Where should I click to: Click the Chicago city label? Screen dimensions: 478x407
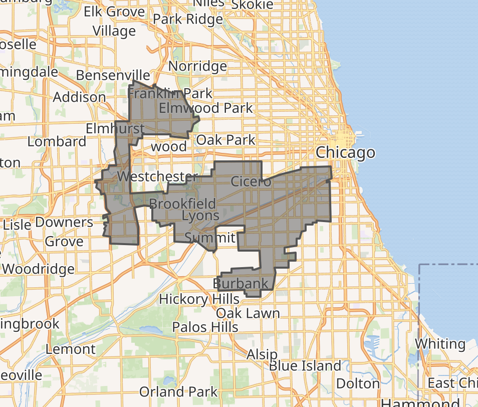[345, 152]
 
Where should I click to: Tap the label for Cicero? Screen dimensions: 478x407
[251, 181]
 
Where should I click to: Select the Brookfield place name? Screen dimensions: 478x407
[182, 204]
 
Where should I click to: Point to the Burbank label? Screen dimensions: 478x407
[241, 284]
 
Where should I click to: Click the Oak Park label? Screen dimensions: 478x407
[225, 139]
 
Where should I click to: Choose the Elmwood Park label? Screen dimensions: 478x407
[205, 108]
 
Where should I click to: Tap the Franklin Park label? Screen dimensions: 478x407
[170, 93]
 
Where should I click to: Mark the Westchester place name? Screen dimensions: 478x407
[157, 176]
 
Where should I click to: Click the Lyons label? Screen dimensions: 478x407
[200, 216]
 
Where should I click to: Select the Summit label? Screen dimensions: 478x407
[210, 237]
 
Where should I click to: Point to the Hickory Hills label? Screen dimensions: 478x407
[199, 299]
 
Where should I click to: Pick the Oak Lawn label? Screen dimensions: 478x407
[248, 314]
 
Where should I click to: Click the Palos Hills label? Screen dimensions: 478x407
[205, 327]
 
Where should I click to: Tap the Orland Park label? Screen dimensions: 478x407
[178, 391]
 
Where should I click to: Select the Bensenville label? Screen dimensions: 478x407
[113, 75]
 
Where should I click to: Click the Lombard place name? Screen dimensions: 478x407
[57, 141]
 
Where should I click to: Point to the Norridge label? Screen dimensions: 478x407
[197, 66]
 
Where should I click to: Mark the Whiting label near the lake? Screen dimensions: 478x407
[440, 344]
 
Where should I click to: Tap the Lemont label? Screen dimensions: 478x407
[71, 349]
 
